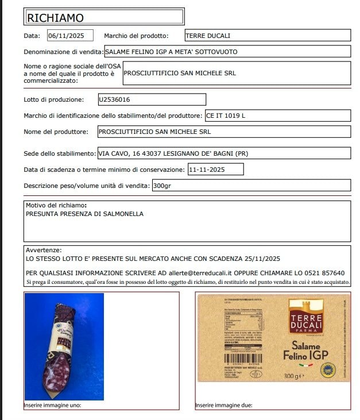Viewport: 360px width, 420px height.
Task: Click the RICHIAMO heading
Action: pos(56,18)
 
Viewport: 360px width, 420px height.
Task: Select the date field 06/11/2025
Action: pos(66,36)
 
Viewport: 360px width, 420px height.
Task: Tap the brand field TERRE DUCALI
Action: pos(208,36)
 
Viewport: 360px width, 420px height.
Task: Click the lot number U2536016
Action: pos(115,99)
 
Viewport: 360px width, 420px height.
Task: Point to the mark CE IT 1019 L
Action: pos(226,115)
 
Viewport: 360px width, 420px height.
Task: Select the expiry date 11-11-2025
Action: pos(206,169)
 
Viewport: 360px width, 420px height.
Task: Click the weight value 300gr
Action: pos(162,186)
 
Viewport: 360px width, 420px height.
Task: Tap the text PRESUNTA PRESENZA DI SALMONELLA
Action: pos(85,214)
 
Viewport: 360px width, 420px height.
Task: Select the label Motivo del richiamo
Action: pos(56,205)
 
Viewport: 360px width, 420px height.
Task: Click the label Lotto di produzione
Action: pos(54,100)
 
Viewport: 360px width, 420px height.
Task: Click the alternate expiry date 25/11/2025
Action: pos(261,259)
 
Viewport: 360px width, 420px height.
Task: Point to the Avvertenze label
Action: pos(43,251)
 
